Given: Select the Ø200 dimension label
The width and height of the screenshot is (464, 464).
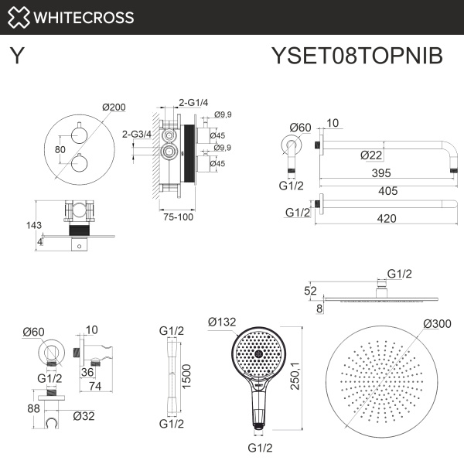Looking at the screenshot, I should [113, 107].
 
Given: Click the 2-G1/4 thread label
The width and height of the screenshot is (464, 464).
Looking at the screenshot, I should [193, 101].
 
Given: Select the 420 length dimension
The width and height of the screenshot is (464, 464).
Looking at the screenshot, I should [386, 218].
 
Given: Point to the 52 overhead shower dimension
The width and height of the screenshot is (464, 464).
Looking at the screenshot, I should [310, 290].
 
